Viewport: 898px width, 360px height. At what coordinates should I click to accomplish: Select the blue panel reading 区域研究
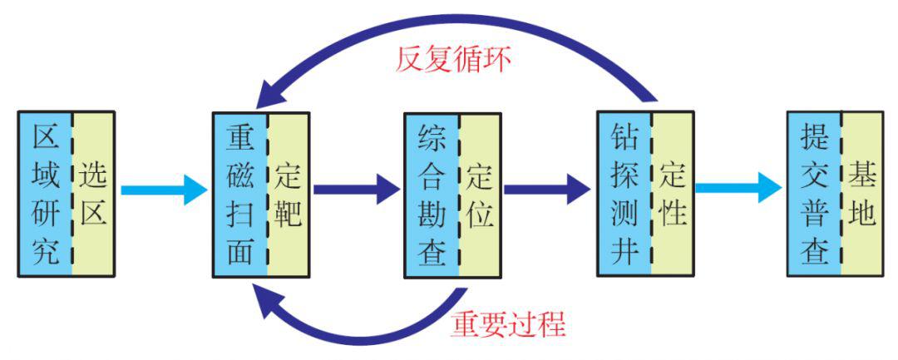(x=45, y=193)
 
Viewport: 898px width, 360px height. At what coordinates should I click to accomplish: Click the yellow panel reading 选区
(x=93, y=193)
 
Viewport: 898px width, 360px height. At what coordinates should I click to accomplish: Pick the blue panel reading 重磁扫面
(x=239, y=194)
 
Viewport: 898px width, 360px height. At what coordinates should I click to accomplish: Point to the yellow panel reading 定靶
(x=289, y=194)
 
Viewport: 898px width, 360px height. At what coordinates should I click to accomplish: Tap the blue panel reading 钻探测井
(x=624, y=194)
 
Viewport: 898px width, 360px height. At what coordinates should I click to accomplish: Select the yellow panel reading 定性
(x=672, y=194)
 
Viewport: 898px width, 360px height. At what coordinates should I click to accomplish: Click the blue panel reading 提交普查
(x=814, y=194)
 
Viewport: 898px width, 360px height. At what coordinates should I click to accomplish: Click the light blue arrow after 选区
(x=163, y=190)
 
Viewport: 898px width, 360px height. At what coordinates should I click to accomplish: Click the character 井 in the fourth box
(x=624, y=250)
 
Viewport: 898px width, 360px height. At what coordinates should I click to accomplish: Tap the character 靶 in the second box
(x=289, y=214)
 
